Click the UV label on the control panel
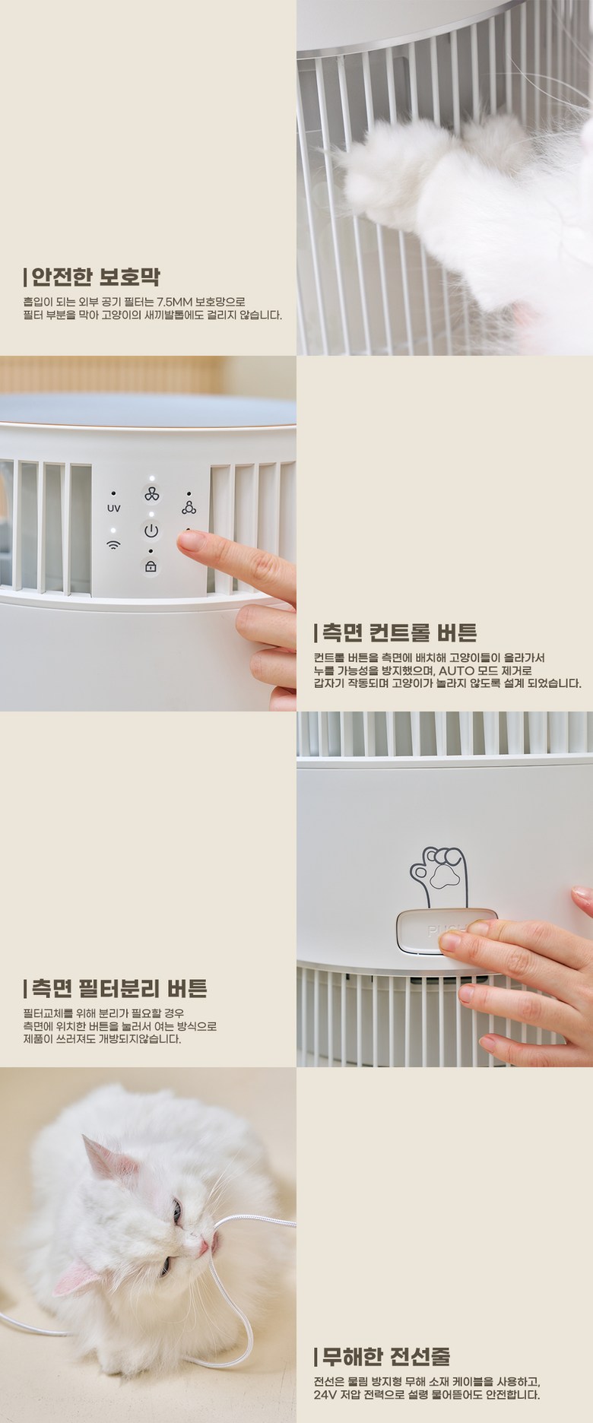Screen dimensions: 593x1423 coord(113,508)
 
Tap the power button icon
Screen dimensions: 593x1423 coord(151,531)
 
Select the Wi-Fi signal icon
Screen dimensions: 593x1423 coord(113,544)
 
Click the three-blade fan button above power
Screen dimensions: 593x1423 coord(151,495)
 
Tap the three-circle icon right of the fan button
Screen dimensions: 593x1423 coord(189,507)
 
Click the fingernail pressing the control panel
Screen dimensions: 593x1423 coord(189,540)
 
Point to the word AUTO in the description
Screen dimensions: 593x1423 coord(456,670)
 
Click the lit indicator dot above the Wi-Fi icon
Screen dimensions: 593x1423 coord(113,529)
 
